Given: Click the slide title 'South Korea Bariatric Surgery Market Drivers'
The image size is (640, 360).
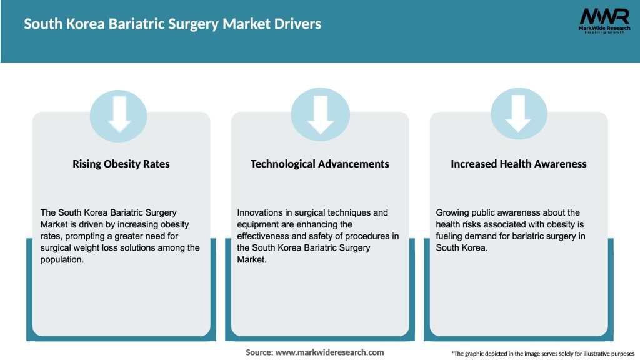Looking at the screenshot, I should (172, 24).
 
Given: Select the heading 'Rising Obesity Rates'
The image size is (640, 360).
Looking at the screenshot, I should (121, 164).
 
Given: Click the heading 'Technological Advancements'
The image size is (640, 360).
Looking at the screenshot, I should (320, 164).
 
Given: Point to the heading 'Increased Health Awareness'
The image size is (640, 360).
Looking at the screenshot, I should (519, 164).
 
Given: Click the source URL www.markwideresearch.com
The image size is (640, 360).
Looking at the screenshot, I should (329, 352).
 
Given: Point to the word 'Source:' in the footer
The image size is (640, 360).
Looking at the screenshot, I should (259, 352).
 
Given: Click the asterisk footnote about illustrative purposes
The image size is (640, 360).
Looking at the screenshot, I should (542, 353).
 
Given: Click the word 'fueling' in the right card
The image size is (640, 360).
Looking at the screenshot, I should (450, 236).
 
